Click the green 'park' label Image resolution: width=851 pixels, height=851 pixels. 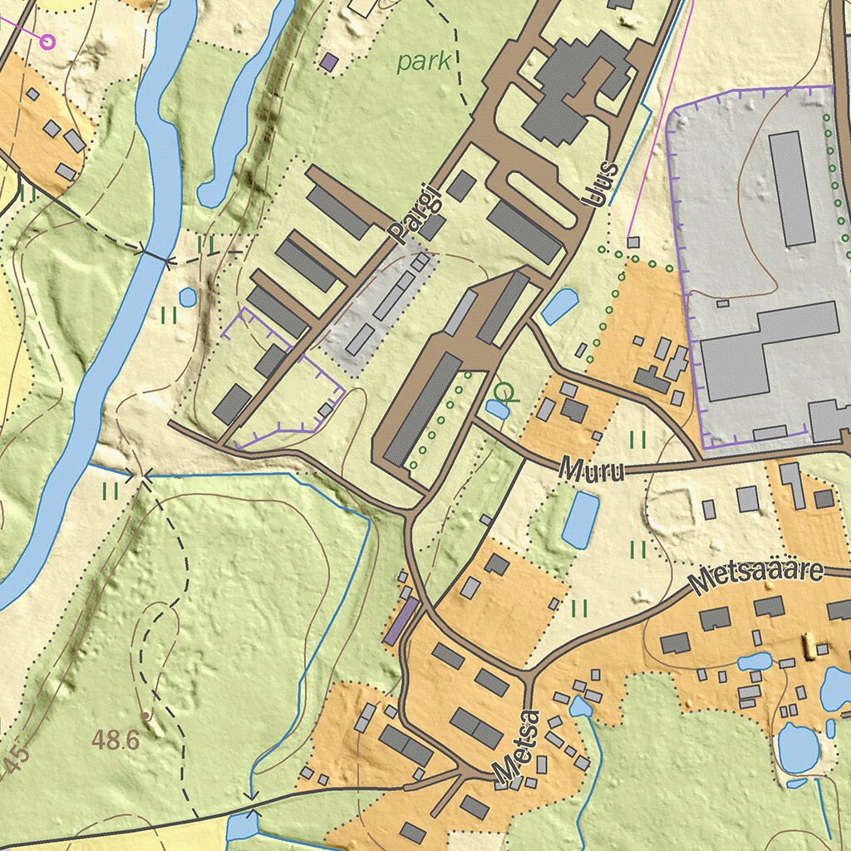[424, 61]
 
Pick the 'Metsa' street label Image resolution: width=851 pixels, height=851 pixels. [516, 746]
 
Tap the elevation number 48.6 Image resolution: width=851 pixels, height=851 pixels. [116, 740]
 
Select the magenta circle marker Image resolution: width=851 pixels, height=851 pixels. [47, 39]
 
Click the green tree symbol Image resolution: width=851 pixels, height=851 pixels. [504, 391]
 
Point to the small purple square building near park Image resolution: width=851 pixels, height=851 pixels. [330, 61]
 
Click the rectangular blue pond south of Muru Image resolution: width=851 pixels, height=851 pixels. [580, 519]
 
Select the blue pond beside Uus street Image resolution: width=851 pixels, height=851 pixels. [559, 306]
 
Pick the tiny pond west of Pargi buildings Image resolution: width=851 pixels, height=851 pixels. [188, 297]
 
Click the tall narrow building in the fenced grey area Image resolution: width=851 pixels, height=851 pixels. [791, 188]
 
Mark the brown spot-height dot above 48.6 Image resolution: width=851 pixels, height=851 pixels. [145, 715]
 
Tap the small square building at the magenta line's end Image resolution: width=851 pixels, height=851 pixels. [633, 242]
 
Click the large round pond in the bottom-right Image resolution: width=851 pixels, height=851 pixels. [798, 747]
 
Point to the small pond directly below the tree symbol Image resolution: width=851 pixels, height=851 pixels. [498, 409]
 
